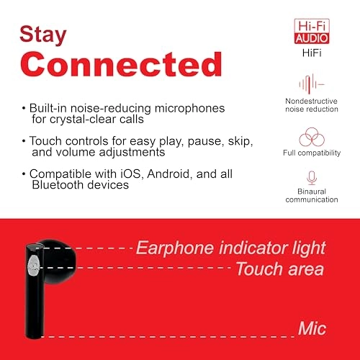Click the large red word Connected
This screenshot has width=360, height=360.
click(120, 65)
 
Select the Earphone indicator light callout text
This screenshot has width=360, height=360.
click(230, 249)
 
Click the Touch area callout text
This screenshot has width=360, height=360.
click(279, 269)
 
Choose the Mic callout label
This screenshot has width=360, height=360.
click(311, 329)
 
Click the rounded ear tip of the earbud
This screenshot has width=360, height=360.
click(61, 257)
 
